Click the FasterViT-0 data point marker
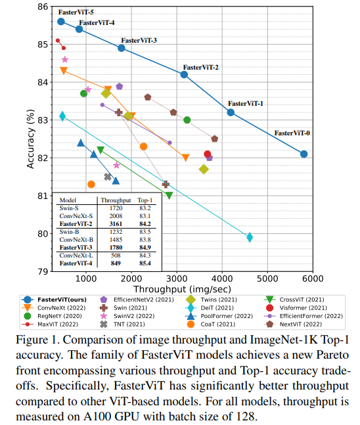(x=304, y=154)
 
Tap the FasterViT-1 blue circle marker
(x=231, y=112)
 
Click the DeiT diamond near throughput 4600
(x=250, y=237)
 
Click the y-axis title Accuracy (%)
(x=30, y=139)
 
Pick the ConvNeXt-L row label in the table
(x=76, y=255)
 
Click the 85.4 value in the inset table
(x=145, y=263)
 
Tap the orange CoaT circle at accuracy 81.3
(x=91, y=184)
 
